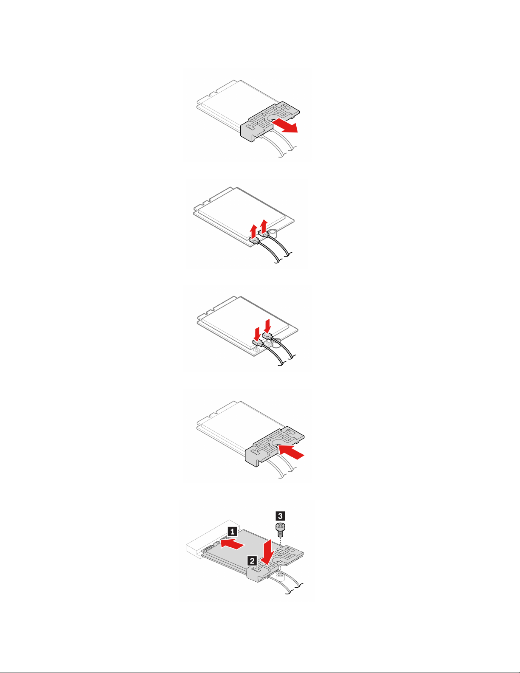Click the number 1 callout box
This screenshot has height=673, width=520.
[x=233, y=532]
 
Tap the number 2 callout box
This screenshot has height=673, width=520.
[x=252, y=560]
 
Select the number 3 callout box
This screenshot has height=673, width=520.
[x=280, y=516]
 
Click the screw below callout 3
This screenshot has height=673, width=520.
[x=280, y=530]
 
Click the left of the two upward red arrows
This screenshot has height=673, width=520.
[x=253, y=232]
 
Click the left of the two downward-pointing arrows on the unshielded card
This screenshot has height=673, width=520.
[x=257, y=333]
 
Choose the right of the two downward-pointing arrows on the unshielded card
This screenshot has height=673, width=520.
[x=268, y=326]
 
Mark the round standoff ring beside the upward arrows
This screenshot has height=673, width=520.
[x=274, y=232]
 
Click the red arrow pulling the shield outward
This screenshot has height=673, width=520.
[x=285, y=125]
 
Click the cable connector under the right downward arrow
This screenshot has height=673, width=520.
[x=267, y=335]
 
